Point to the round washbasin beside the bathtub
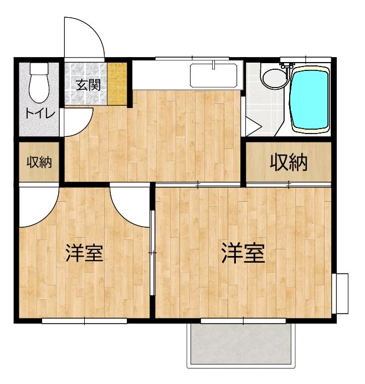click(x=272, y=79)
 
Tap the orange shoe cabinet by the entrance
click(x=116, y=84)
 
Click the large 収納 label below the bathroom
click(x=289, y=162)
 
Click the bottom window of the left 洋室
click(x=84, y=320)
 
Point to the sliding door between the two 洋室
click(x=152, y=253)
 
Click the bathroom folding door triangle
click(x=252, y=126)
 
